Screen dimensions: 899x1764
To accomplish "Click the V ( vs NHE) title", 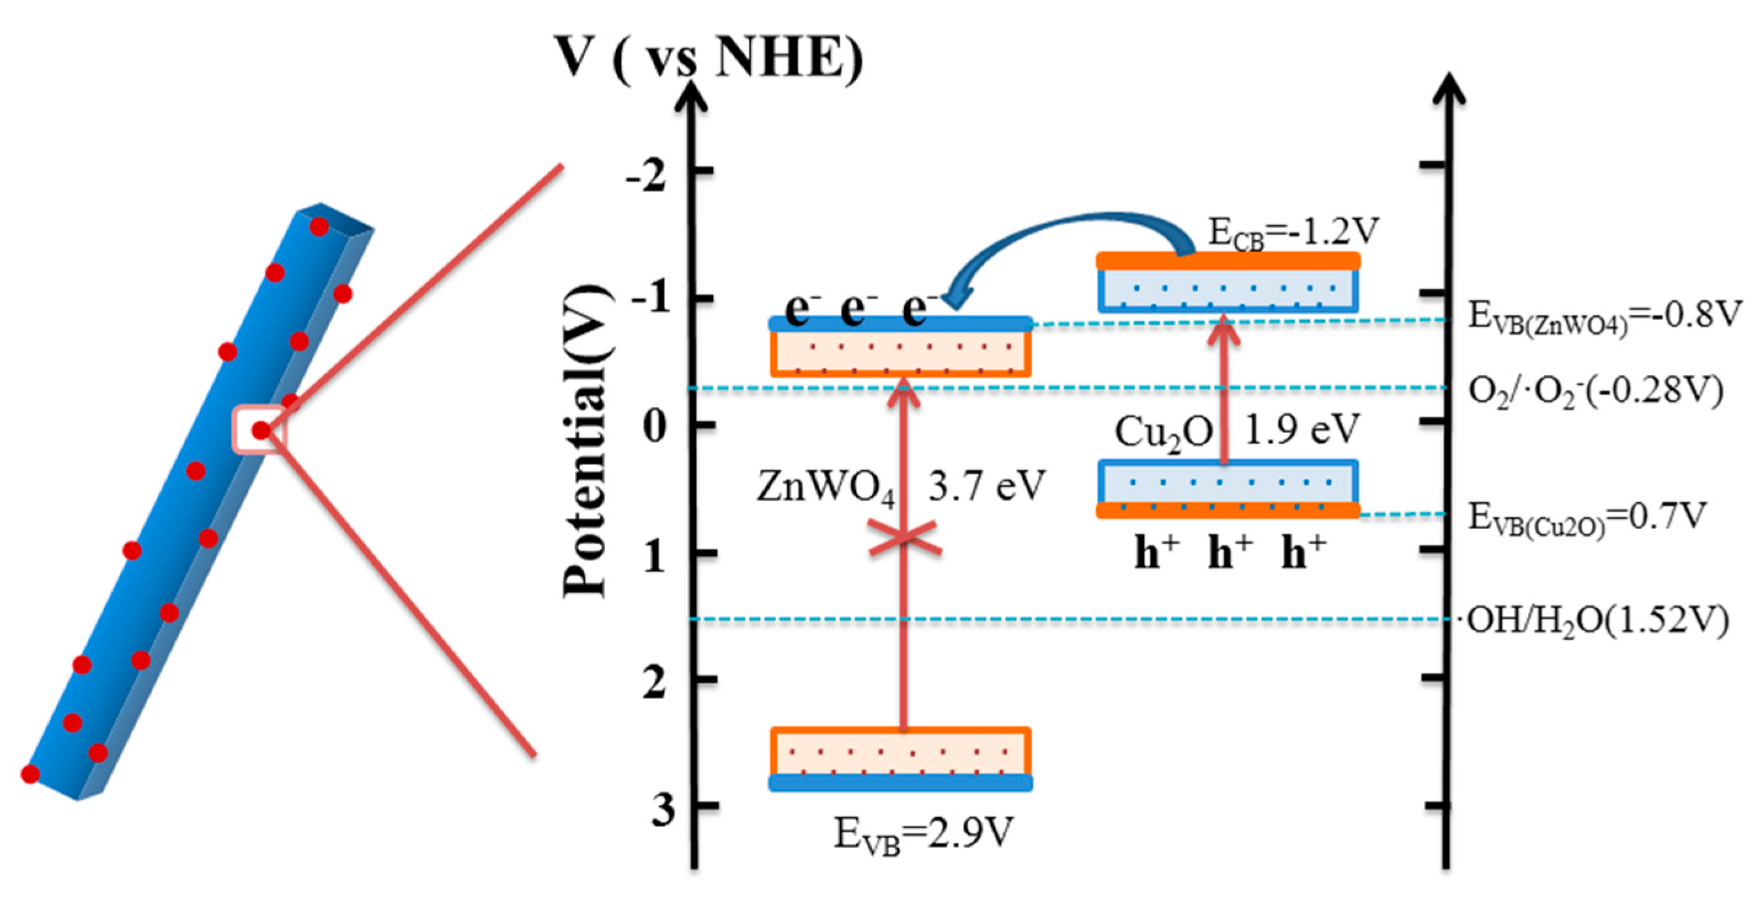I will click(x=710, y=58).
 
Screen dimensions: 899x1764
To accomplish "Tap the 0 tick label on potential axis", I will click(x=655, y=427).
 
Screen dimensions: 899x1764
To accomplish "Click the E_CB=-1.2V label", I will click(x=1293, y=233).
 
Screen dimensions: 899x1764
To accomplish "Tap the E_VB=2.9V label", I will click(x=922, y=834).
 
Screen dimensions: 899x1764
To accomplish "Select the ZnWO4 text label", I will click(x=826, y=488).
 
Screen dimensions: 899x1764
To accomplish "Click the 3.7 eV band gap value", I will click(x=987, y=485).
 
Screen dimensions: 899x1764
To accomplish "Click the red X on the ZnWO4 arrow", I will click(x=904, y=537).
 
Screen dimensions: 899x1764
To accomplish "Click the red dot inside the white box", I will click(x=261, y=430).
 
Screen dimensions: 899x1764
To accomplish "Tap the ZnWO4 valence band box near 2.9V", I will click(x=901, y=759).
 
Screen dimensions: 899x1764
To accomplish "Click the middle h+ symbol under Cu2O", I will click(x=1230, y=552).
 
